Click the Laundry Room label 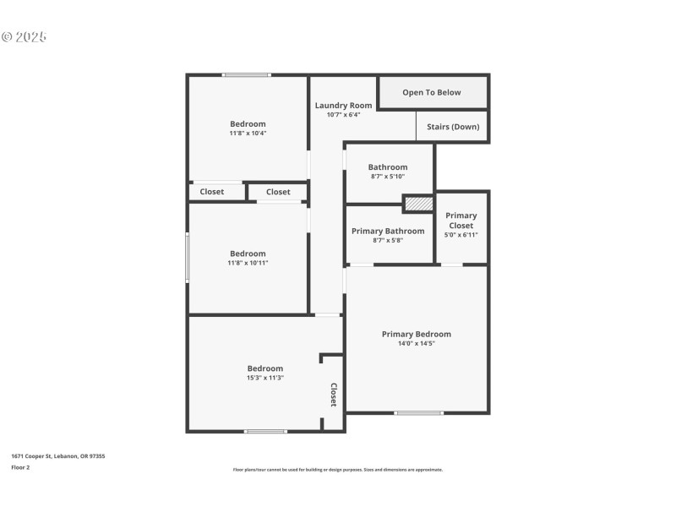pyautogui.click(x=343, y=106)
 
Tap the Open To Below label pyautogui.click(x=432, y=92)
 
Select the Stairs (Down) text pyautogui.click(x=453, y=127)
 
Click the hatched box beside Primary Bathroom pyautogui.click(x=417, y=204)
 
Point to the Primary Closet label pyautogui.click(x=461, y=221)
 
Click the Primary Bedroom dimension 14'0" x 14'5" pyautogui.click(x=416, y=343)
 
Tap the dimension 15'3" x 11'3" pyautogui.click(x=264, y=378)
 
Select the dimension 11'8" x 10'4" pyautogui.click(x=248, y=134)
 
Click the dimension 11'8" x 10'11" pyautogui.click(x=248, y=263)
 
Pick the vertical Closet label pyautogui.click(x=333, y=395)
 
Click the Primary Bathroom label pyautogui.click(x=388, y=231)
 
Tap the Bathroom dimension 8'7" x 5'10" pyautogui.click(x=388, y=177)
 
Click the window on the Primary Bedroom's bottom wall pyautogui.click(x=418, y=412)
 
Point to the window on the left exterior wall pyautogui.click(x=188, y=257)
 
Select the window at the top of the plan pyautogui.click(x=246, y=75)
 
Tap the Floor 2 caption pyautogui.click(x=21, y=466)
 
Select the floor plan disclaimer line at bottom pyautogui.click(x=337, y=469)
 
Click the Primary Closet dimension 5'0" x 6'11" pyautogui.click(x=461, y=234)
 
